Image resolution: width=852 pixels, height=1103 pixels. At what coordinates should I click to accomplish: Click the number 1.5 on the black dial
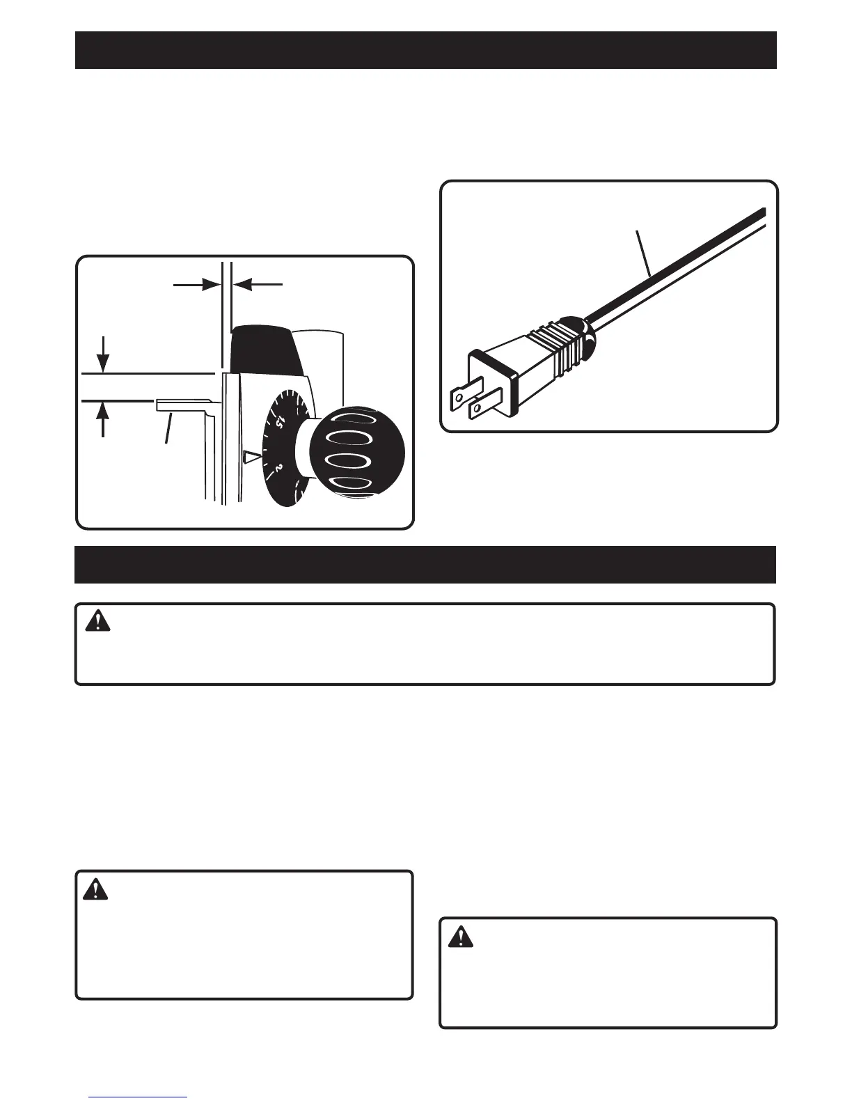tap(280, 422)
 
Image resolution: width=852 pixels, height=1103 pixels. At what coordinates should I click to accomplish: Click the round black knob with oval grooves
tap(356, 453)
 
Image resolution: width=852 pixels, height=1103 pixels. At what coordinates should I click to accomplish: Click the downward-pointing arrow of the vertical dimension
tap(103, 361)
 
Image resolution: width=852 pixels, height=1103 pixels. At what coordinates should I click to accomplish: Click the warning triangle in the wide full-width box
tap(98, 620)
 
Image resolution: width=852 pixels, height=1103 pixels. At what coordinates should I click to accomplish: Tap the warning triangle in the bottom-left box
tap(95, 889)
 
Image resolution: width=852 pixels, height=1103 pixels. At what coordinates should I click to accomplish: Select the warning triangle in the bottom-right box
tap(459, 937)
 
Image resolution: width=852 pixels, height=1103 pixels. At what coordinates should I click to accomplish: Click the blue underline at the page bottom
tap(138, 1097)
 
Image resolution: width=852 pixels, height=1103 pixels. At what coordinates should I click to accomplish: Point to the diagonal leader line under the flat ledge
tap(168, 428)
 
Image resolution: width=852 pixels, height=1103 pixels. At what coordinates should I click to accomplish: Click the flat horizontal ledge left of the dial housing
tap(182, 403)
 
